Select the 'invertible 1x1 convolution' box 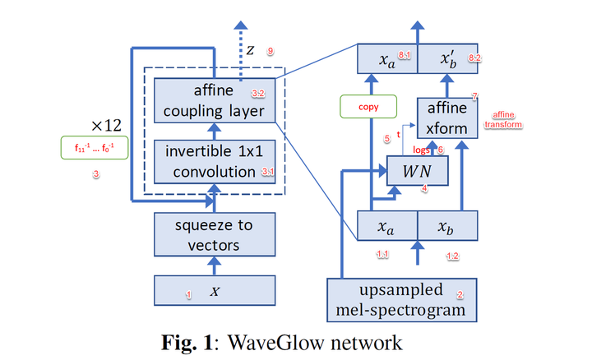[x=214, y=161]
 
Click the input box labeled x [x=214, y=292]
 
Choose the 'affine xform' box [x=447, y=118]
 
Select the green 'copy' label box [x=368, y=107]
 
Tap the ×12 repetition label [x=106, y=126]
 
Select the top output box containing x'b [x=450, y=60]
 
